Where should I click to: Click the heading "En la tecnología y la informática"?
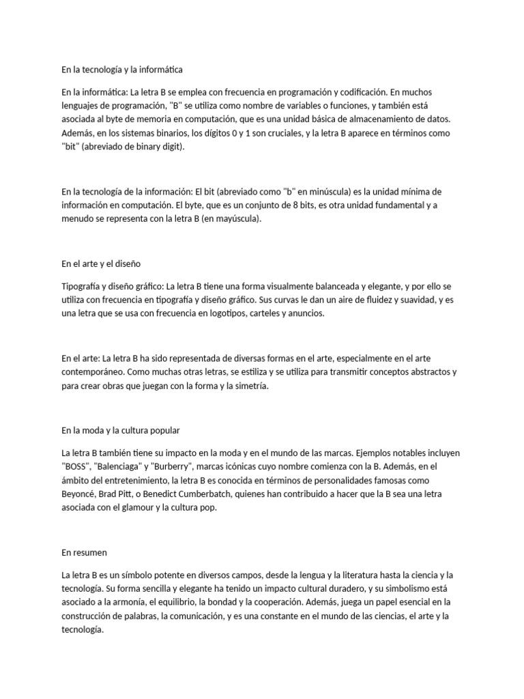pos(122,69)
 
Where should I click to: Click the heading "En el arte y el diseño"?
pos(101,263)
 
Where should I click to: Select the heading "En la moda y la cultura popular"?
pos(121,430)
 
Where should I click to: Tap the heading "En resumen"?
pos(84,552)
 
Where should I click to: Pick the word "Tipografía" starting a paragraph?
pos(85,286)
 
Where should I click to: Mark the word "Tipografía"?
pos(85,286)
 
